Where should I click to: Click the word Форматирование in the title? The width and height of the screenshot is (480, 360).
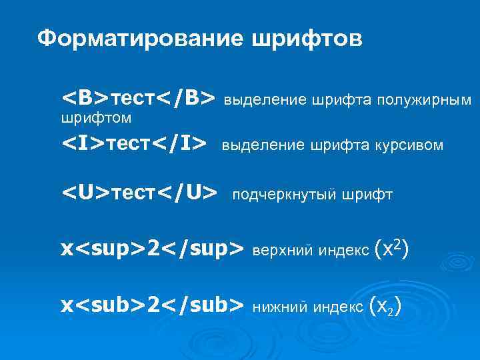click(x=139, y=39)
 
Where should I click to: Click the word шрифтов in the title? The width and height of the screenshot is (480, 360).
click(x=307, y=39)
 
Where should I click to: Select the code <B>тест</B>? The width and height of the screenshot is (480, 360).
click(x=138, y=98)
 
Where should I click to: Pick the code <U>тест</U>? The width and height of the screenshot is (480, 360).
click(x=139, y=193)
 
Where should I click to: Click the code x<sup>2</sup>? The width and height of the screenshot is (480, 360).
click(x=152, y=249)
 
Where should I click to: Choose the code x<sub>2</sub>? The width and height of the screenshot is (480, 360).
click(x=152, y=305)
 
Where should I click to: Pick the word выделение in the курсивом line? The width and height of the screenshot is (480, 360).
click(x=253, y=145)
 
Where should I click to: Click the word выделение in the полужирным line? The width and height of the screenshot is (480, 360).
click(x=255, y=101)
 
